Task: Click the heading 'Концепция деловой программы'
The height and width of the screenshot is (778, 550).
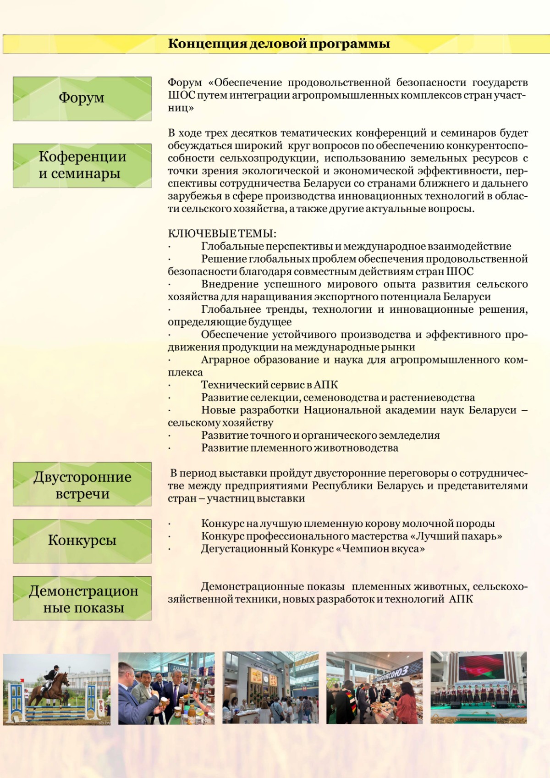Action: coord(279,44)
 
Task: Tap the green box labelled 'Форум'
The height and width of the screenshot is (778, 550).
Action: coord(82,99)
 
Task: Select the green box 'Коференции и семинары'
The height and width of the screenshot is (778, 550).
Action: coord(82,166)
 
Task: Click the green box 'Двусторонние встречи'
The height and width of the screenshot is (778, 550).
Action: coord(82,484)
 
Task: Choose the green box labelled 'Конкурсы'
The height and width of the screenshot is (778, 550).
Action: coord(82,541)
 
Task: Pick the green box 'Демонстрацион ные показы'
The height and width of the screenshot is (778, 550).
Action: coord(82,598)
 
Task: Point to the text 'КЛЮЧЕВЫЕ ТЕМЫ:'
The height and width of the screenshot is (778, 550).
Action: coord(222,234)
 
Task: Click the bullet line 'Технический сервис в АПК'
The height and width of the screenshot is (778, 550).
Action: coord(269,385)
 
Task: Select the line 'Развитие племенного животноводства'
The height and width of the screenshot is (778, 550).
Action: coord(299,448)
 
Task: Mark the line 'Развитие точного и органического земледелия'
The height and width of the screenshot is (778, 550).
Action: coord(320,436)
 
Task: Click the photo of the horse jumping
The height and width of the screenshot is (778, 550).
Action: coord(57,689)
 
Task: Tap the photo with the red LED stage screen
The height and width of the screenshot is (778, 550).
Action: coord(478,688)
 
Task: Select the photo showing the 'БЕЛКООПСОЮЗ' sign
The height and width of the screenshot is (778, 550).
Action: coord(374,688)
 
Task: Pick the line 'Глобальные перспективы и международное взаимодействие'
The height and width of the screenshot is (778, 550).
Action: coord(356,247)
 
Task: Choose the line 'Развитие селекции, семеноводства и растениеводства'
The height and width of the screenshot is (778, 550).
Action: coord(338,397)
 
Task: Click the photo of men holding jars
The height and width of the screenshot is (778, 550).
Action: coord(166,689)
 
